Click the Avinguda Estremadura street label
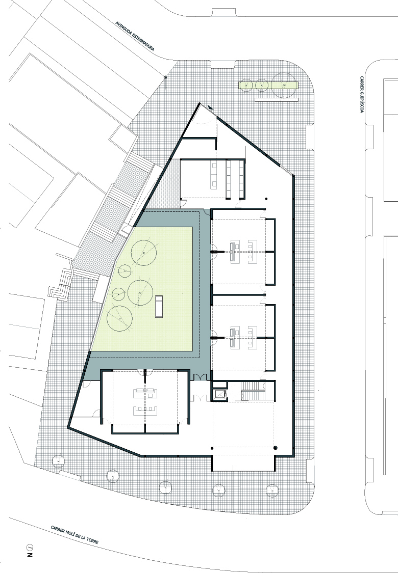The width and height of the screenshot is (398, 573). tap(135, 36)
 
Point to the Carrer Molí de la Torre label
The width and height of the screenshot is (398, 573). tap(74, 535)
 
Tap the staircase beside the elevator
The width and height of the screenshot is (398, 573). tap(253, 391)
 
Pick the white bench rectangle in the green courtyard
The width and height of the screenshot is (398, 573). tap(159, 307)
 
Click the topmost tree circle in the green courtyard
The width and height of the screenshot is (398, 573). tap(144, 253)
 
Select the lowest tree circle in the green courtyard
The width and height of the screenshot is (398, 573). tap(119, 319)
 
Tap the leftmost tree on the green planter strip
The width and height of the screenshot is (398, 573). tap(247, 85)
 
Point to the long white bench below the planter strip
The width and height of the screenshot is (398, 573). tap(277, 99)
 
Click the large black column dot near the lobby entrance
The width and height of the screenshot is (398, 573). tap(276, 448)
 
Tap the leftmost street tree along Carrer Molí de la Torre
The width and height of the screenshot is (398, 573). tap(58, 461)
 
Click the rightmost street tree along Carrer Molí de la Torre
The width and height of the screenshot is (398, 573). tap(272, 489)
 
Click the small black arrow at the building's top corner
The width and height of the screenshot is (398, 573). tap(210, 107)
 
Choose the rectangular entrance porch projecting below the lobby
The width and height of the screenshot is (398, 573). tap(243, 463)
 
